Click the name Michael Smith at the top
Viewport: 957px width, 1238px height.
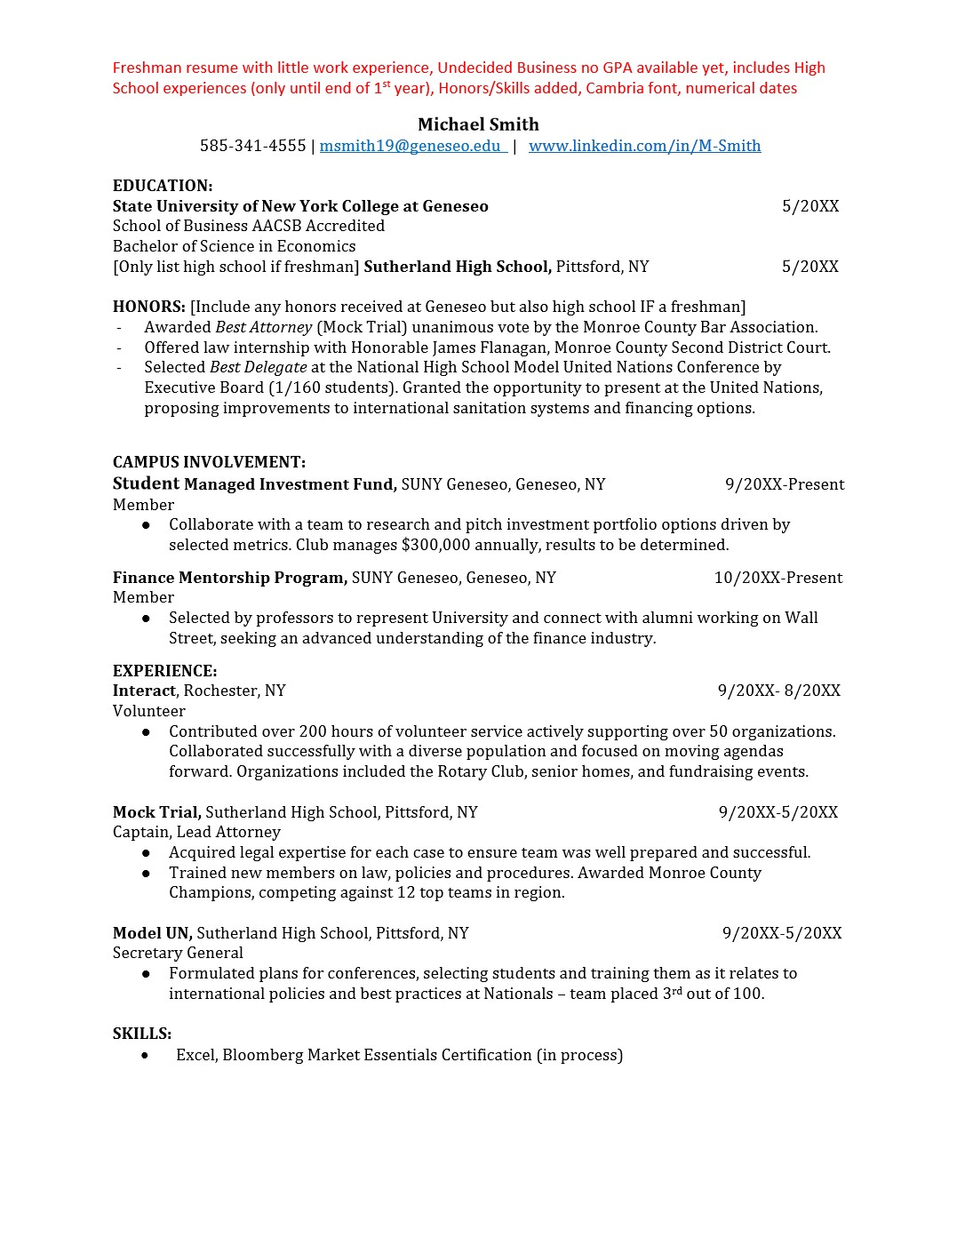pyautogui.click(x=478, y=124)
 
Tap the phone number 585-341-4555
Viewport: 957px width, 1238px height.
pyautogui.click(x=252, y=146)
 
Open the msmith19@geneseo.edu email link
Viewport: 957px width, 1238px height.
pyautogui.click(x=411, y=146)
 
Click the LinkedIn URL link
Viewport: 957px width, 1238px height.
pyautogui.click(x=644, y=146)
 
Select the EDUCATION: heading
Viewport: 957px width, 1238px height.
pyautogui.click(x=163, y=186)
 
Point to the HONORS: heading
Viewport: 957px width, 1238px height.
pyautogui.click(x=148, y=307)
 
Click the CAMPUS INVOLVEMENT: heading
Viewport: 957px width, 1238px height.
pyautogui.click(x=209, y=462)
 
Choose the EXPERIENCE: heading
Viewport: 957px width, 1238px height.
pyautogui.click(x=164, y=671)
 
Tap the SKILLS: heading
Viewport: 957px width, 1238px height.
pyautogui.click(x=142, y=1034)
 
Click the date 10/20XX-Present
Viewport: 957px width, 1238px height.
pyautogui.click(x=778, y=578)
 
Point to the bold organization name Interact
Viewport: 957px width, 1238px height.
pyautogui.click(x=144, y=691)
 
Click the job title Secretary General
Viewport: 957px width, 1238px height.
pyautogui.click(x=178, y=953)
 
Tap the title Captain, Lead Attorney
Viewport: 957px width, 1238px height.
pyautogui.click(x=196, y=832)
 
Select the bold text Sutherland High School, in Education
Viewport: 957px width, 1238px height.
pyautogui.click(x=458, y=267)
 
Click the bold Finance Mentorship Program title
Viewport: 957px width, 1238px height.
pyautogui.click(x=229, y=578)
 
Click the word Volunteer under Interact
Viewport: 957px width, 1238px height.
pyautogui.click(x=149, y=711)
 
